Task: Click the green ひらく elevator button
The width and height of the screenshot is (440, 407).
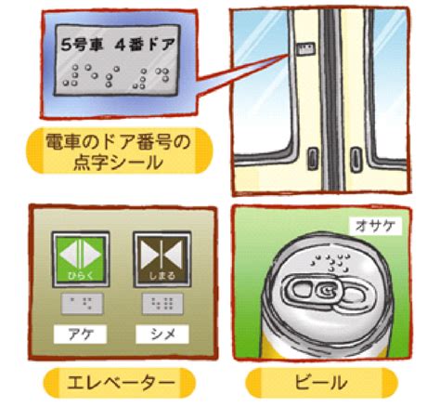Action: tap(81, 259)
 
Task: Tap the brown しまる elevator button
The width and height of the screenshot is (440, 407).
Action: tap(162, 259)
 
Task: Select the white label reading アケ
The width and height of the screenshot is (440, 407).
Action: tap(80, 335)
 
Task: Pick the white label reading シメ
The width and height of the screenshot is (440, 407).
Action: tap(162, 335)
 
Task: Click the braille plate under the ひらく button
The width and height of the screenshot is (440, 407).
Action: tap(82, 304)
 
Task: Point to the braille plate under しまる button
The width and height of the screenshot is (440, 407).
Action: tap(162, 304)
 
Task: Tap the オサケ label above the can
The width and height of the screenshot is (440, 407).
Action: tap(375, 226)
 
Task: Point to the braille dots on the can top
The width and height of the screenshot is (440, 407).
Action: tap(331, 264)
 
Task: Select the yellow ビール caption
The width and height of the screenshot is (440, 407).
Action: tap(321, 383)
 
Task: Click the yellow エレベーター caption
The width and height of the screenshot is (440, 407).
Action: tap(120, 383)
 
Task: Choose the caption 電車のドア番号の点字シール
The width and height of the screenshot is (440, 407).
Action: tap(120, 151)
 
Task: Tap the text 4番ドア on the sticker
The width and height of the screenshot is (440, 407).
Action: tap(145, 45)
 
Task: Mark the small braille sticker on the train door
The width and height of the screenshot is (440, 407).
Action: tap(305, 49)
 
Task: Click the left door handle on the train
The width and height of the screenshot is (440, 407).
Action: tap(313, 159)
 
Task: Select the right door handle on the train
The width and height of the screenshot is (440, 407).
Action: tap(356, 159)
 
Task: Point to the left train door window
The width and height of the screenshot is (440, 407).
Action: tap(263, 84)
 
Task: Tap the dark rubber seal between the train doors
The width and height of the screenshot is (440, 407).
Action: tap(331, 99)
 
